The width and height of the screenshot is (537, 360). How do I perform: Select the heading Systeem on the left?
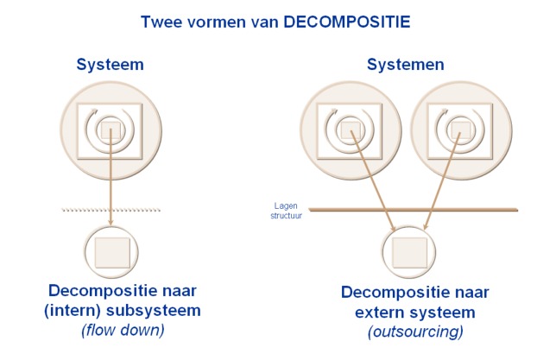[x=110, y=65]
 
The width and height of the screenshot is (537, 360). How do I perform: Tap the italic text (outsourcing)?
[x=403, y=332]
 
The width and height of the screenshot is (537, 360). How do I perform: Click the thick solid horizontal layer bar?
[x=414, y=209]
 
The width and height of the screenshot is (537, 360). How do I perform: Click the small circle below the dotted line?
[x=111, y=251]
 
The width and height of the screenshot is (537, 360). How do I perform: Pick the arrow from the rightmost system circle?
[x=441, y=181]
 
